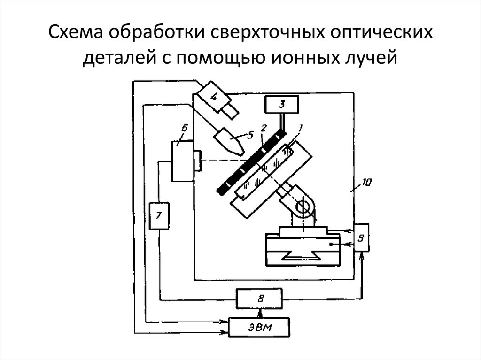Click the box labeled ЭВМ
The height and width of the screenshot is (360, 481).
pyautogui.click(x=259, y=327)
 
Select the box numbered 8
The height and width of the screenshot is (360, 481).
pyautogui.click(x=259, y=299)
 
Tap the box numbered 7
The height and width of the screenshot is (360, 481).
pyautogui.click(x=159, y=216)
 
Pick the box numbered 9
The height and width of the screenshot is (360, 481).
pyautogui.click(x=361, y=237)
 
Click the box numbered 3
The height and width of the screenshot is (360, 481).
pyautogui.click(x=281, y=104)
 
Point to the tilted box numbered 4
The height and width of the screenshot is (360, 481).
pyautogui.click(x=214, y=97)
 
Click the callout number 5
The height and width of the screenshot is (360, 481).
pyautogui.click(x=250, y=135)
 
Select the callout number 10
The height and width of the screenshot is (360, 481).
pyautogui.click(x=366, y=183)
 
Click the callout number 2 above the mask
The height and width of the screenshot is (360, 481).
pyautogui.click(x=263, y=128)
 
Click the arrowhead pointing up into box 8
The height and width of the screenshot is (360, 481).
pyautogui.click(x=260, y=313)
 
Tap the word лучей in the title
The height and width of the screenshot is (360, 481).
pyautogui.click(x=370, y=57)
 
